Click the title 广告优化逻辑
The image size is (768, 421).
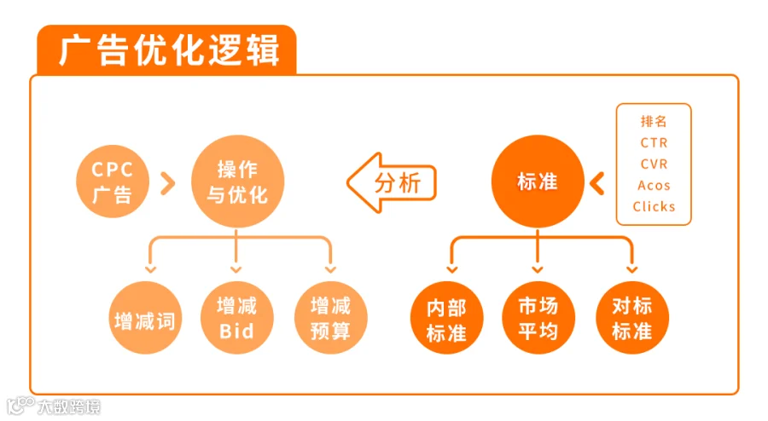click(x=170, y=49)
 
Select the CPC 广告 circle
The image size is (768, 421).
click(x=112, y=182)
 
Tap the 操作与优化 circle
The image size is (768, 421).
click(x=237, y=182)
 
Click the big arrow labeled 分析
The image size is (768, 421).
click(x=392, y=183)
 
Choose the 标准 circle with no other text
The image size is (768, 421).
click(x=538, y=182)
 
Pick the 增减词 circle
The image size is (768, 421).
click(x=145, y=318)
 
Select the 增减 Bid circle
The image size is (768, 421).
click(x=237, y=318)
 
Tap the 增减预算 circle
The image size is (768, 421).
click(x=330, y=318)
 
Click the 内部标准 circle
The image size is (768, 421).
click(x=446, y=318)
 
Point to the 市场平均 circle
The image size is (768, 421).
click(x=538, y=318)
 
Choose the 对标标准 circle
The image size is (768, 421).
click(x=632, y=318)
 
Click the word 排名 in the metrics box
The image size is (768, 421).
click(x=654, y=121)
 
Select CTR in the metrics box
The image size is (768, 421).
click(x=654, y=143)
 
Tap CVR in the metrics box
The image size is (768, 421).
click(x=654, y=164)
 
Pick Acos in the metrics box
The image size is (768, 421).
click(x=654, y=185)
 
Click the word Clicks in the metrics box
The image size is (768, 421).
click(x=654, y=206)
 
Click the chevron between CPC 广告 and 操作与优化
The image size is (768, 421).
click(x=168, y=183)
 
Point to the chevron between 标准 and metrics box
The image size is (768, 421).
click(x=597, y=183)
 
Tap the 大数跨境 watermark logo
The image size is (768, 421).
click(x=54, y=406)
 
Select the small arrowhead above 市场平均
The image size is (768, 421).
click(x=538, y=269)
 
